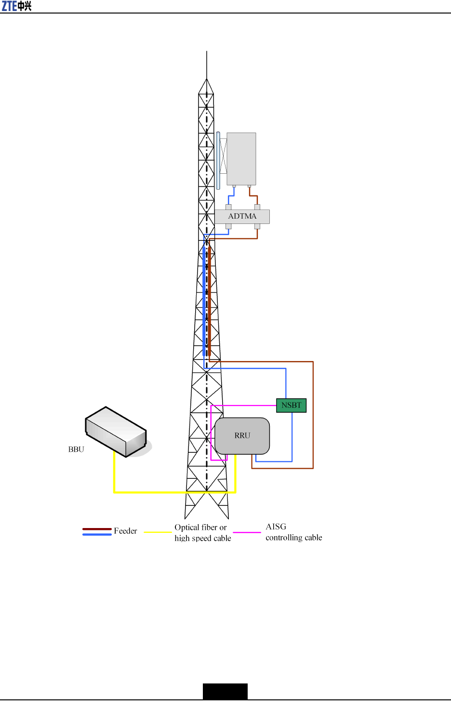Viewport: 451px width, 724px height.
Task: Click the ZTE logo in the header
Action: click(16, 6)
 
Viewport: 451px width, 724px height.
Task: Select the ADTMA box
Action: click(242, 216)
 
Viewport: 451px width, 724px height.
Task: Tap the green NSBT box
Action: click(291, 405)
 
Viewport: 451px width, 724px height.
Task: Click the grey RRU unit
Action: click(242, 435)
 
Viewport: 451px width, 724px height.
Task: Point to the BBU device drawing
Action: click(116, 432)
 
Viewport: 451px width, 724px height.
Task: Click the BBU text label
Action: click(76, 449)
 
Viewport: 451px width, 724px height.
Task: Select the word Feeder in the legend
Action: click(125, 531)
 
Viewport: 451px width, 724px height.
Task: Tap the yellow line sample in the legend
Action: click(158, 532)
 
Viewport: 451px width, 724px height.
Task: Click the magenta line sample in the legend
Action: click(247, 532)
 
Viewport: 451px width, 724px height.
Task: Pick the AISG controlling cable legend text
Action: click(293, 532)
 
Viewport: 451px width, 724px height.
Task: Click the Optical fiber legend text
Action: click(202, 532)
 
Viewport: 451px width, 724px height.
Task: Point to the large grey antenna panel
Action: click(241, 158)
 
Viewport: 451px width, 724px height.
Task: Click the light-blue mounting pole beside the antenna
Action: click(218, 160)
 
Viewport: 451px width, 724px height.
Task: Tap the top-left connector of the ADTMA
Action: click(228, 207)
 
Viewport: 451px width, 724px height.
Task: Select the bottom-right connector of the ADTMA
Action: click(257, 226)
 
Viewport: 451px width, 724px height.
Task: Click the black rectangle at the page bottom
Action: click(225, 691)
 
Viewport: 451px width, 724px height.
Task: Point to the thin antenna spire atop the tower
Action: click(207, 65)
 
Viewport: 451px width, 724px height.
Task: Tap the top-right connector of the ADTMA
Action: click(257, 207)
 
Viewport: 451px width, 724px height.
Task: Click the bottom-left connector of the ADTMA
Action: click(228, 226)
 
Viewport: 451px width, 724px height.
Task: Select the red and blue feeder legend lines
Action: click(97, 531)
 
